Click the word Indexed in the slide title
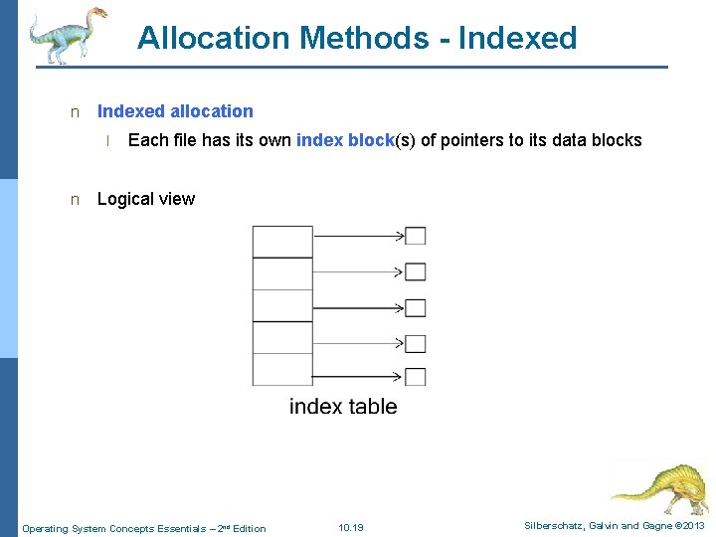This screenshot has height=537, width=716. pos(518,38)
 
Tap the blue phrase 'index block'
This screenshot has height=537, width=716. pos(345,140)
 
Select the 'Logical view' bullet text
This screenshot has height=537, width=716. pos(145,199)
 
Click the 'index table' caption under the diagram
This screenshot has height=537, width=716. pos(343,406)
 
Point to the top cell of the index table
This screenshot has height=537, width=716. pos(282,242)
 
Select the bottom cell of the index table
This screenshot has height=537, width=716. pos(282,369)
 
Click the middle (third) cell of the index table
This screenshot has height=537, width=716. pos(282,305)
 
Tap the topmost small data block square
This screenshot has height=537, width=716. pos(416,236)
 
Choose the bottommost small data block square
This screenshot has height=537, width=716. pos(416,377)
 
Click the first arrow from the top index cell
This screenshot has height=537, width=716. pos(358,236)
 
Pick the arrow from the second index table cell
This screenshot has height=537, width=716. pos(358,271)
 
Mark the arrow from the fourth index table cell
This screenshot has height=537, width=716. pos(358,343)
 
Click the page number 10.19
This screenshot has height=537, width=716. pos(351,527)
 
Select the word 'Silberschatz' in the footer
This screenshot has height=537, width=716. pos(554,526)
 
